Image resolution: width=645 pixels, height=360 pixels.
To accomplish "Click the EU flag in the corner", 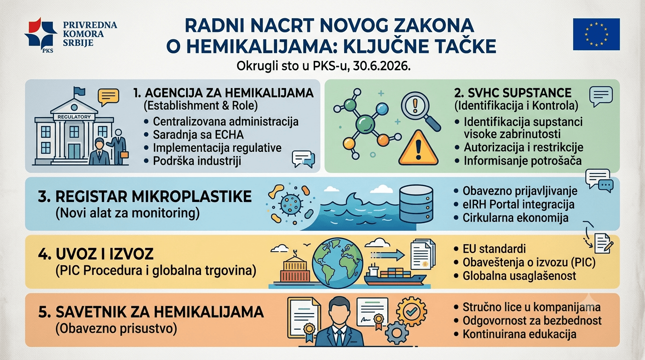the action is click(596, 34).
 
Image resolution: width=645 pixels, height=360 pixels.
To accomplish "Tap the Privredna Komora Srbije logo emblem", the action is click(41, 34).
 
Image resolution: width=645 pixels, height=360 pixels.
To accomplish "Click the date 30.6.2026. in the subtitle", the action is click(382, 66).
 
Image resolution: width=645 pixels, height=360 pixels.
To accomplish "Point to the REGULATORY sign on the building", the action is click(74, 117).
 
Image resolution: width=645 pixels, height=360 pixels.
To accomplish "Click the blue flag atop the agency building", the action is click(79, 91).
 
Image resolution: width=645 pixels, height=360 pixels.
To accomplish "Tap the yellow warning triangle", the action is click(419, 148).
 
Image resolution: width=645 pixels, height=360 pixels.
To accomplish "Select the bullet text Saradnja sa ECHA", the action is click(198, 135).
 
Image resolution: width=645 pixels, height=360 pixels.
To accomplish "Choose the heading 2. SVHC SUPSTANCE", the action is click(513, 93).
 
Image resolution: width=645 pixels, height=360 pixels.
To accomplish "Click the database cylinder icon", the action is click(416, 203).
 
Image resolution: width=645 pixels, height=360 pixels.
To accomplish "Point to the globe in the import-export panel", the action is click(337, 262).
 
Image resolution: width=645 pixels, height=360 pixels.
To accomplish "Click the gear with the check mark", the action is click(411, 311).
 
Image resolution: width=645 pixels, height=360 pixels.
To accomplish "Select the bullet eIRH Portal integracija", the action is click(518, 204).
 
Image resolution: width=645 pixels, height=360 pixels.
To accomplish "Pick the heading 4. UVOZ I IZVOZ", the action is click(96, 254).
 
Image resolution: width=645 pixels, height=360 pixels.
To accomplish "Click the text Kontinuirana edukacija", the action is click(519, 334).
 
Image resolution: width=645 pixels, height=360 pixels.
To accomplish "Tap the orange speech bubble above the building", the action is click(108, 97).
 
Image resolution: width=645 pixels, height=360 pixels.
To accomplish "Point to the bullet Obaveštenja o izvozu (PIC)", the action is click(529, 262).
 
